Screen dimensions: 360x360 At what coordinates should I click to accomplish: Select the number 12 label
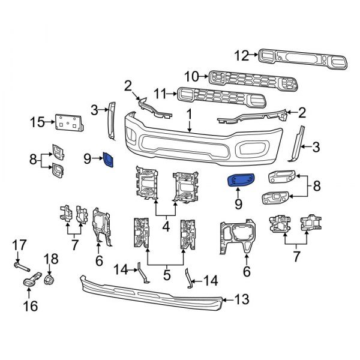[241, 56]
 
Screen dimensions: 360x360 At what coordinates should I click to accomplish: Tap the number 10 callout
[191, 76]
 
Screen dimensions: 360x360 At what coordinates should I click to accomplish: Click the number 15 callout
[37, 123]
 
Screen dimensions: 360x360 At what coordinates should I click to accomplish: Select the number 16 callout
[30, 306]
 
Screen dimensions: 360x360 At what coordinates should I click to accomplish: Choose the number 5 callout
[167, 275]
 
